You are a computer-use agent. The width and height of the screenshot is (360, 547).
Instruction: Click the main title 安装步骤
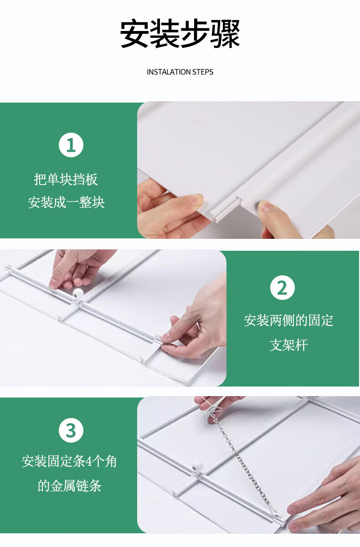point(180,33)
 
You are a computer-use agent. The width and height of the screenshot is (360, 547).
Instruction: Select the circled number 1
point(71,145)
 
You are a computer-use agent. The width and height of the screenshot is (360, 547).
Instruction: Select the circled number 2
point(283,288)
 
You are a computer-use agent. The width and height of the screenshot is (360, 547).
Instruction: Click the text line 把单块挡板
point(66,180)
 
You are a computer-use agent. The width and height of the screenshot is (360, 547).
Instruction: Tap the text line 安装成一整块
point(66,202)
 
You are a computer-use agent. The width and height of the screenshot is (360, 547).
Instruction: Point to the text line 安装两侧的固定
point(288,320)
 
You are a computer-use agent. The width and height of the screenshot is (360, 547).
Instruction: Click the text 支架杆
point(288,345)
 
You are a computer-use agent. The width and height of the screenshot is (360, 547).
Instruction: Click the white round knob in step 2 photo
point(78,293)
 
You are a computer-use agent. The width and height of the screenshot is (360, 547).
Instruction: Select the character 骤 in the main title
point(225,33)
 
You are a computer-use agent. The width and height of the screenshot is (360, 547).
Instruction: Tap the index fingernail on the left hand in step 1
point(196,200)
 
